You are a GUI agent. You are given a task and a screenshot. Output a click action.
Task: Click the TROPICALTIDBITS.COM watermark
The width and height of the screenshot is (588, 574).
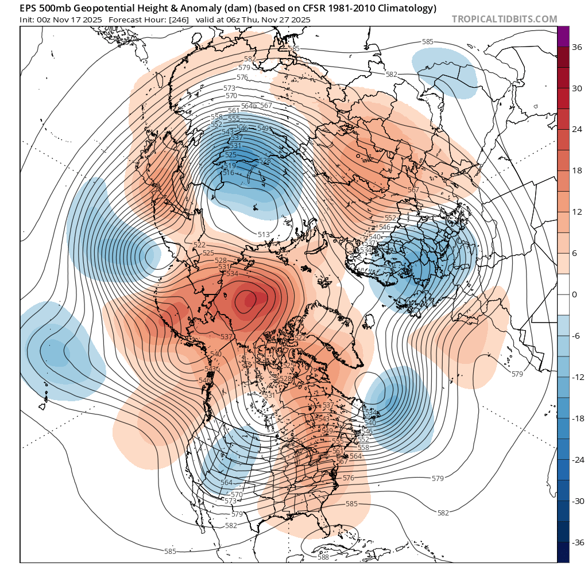pos(504,19)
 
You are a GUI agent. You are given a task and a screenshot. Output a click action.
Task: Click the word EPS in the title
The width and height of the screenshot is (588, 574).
pos(28,9)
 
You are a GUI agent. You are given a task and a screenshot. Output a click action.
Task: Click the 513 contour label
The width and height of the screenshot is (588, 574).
pos(264,234)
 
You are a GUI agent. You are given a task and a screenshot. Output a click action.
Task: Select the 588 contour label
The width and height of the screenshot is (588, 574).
pos(323,557)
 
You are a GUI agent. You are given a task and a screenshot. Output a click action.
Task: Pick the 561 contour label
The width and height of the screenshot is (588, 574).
pos(234,111)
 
